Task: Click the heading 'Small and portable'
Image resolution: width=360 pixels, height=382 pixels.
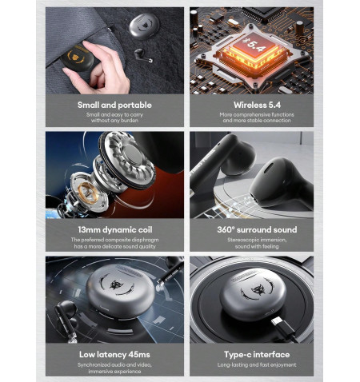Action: pos(114,105)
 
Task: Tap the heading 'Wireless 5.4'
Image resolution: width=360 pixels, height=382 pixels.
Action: pos(257,105)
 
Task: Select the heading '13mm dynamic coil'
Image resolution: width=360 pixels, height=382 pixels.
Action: pos(115,229)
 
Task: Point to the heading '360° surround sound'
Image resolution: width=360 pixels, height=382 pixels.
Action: pos(257,229)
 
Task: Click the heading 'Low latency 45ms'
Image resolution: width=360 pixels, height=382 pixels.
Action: pos(114,355)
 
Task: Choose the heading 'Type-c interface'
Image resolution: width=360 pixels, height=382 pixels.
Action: pos(257,355)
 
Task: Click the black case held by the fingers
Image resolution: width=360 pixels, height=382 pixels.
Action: pos(77,58)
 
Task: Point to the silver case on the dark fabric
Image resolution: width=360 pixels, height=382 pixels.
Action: pos(144,26)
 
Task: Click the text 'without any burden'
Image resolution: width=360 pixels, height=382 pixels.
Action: pos(114,121)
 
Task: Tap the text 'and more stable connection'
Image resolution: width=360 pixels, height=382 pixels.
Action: pos(257,121)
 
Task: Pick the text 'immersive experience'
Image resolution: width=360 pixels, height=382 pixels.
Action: pos(114,372)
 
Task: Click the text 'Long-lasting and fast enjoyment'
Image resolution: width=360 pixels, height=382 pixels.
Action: pos(257,365)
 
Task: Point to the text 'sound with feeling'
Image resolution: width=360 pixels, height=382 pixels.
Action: pos(257,247)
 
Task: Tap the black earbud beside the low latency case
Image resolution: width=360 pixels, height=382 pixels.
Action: pos(66,320)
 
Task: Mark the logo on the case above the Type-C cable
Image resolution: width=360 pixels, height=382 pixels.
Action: pos(257,289)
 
